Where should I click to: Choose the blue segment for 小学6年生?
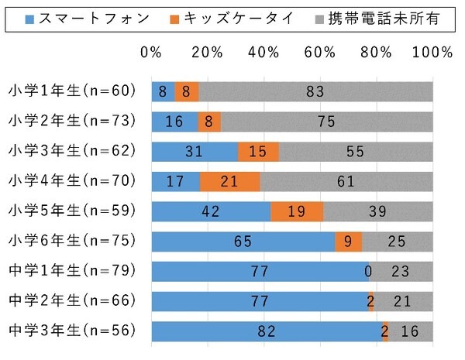click(243, 242)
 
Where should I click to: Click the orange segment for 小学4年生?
click(229, 181)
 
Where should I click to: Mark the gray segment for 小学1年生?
click(315, 91)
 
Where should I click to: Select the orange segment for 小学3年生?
click(258, 152)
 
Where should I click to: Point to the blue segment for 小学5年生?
click(211, 211)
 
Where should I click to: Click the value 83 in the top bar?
click(315, 91)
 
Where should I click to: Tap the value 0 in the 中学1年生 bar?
click(368, 272)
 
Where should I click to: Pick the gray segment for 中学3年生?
click(411, 331)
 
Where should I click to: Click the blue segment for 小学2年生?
click(174, 122)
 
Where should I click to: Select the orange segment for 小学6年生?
click(348, 242)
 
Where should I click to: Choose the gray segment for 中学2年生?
click(404, 301)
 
